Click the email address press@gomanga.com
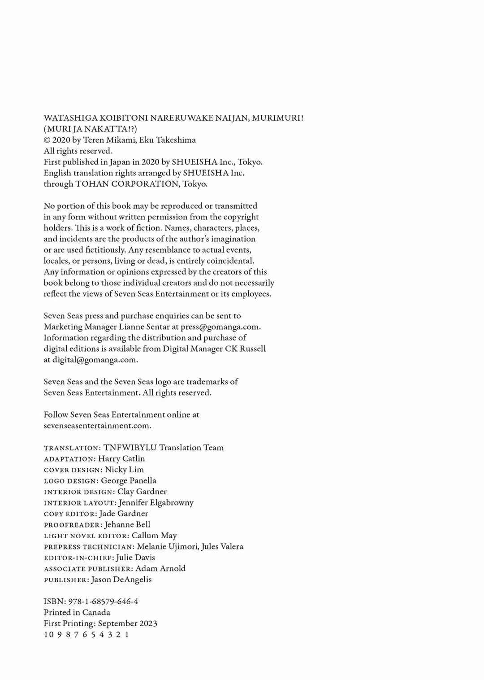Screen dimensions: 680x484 point(220,327)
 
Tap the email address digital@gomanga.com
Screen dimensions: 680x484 point(95,360)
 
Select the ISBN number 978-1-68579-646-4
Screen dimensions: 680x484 point(103,602)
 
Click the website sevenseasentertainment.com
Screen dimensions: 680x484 point(97,426)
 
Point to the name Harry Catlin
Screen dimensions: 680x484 point(121,458)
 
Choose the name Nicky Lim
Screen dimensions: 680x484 point(124,470)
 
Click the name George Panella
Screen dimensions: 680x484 point(129,480)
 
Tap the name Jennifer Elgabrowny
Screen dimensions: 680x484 point(156,502)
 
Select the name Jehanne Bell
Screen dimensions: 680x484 point(127,524)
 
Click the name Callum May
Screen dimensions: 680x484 point(154,536)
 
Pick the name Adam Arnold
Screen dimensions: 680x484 point(160,568)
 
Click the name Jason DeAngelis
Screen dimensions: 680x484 point(121,580)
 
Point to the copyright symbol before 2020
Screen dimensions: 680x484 point(47,140)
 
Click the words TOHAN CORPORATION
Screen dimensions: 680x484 point(127,184)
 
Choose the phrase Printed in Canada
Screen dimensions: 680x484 point(77,612)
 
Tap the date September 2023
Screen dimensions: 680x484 point(128,623)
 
